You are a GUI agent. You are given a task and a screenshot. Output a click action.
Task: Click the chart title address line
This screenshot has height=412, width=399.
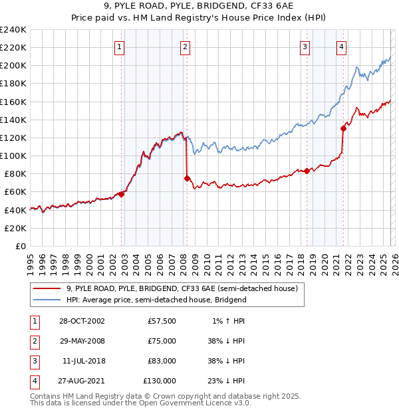click(199, 7)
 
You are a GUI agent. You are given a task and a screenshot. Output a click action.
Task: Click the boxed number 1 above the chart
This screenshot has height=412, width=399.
click(118, 47)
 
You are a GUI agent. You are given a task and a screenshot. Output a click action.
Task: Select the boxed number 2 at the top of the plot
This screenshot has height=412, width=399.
click(184, 47)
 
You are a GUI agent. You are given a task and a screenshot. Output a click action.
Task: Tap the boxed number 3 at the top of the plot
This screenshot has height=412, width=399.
click(304, 47)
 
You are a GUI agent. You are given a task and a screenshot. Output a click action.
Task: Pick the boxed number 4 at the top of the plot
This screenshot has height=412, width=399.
click(340, 47)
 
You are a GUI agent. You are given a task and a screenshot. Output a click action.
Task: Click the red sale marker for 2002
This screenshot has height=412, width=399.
click(122, 194)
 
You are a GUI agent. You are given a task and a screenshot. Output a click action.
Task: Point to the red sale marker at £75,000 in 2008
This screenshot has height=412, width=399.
click(187, 178)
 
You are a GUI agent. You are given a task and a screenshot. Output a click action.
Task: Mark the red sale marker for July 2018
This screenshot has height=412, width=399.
click(307, 171)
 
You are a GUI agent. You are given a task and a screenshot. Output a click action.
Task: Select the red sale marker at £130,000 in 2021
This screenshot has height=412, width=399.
click(344, 128)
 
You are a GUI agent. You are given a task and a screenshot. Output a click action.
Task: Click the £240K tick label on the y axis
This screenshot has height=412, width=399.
click(13, 30)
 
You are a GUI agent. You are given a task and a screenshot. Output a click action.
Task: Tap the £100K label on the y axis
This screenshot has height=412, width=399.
click(13, 155)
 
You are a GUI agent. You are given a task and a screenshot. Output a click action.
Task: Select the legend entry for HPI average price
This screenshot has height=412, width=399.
click(156, 300)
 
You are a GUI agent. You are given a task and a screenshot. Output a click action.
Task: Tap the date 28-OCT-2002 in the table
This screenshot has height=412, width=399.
click(81, 320)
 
